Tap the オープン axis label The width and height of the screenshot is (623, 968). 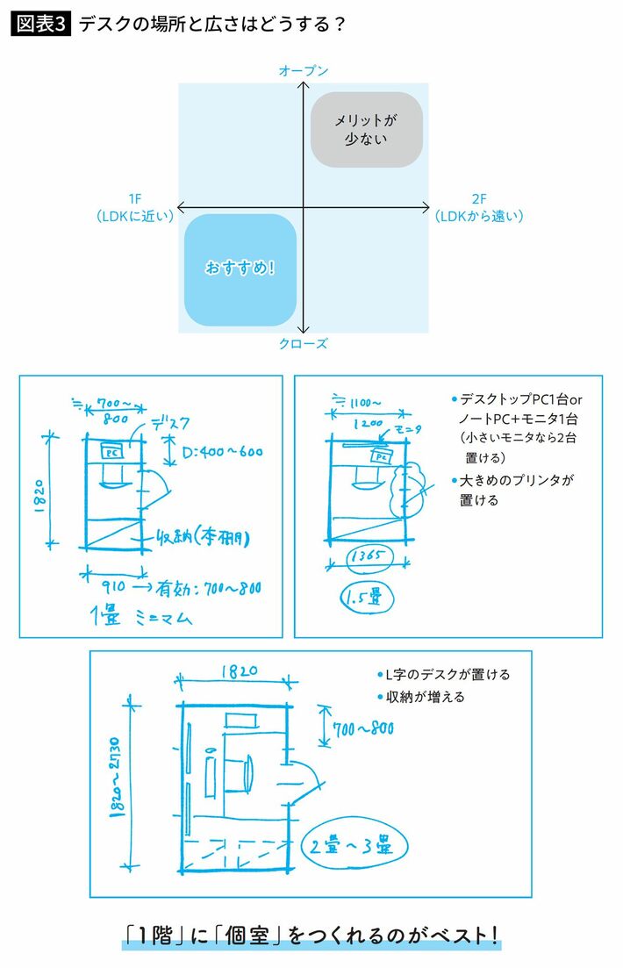pyautogui.click(x=303, y=70)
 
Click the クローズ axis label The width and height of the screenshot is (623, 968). pyautogui.click(x=303, y=344)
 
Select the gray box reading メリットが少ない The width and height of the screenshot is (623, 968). pyautogui.click(x=367, y=129)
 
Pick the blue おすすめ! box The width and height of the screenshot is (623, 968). pyautogui.click(x=240, y=269)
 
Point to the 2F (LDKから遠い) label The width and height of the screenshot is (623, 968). pyautogui.click(x=478, y=208)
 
